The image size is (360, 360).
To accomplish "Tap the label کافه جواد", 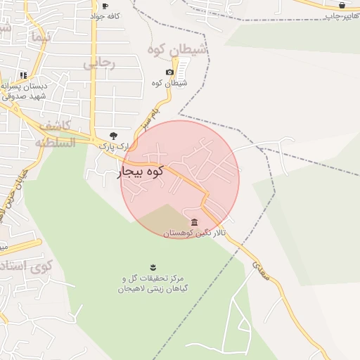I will pos(105,15).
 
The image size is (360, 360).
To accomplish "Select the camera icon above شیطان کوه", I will pos(169,72).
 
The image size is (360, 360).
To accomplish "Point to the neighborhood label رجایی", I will pos(98,63).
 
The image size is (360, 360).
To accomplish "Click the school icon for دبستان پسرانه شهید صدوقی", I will pos(23,75).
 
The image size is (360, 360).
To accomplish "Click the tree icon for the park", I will pos(114,135).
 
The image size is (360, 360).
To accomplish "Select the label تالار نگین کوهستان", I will pos(193,233).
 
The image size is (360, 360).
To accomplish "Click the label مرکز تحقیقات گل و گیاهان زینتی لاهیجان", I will pos(153,283).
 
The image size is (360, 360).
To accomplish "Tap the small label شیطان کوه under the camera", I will pos(169,84).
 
